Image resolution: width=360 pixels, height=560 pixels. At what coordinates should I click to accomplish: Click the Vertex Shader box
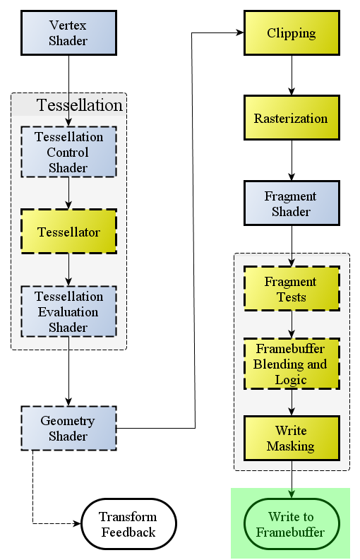(x=69, y=33)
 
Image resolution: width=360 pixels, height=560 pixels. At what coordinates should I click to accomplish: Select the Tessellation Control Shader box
(x=69, y=152)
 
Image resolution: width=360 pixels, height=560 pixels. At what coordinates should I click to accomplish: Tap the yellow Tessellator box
(x=69, y=232)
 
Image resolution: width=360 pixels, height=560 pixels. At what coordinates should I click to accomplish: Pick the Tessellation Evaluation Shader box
(x=69, y=311)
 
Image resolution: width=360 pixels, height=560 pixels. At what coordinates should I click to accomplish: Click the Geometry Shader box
(x=69, y=428)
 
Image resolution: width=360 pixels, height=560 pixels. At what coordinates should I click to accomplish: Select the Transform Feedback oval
(x=129, y=523)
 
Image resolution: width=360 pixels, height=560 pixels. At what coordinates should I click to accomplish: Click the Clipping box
(x=292, y=33)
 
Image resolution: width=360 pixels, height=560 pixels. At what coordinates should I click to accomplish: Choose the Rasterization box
(x=292, y=117)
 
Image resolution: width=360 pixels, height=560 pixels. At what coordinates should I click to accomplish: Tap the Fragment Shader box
(x=292, y=203)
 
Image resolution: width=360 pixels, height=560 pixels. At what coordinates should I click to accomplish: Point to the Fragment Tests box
(x=292, y=289)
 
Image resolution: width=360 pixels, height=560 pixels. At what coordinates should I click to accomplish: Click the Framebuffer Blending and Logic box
(x=292, y=364)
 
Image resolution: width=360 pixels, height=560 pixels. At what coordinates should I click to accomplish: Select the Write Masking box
(x=292, y=439)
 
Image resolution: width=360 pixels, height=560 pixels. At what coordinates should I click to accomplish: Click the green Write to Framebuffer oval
(x=292, y=523)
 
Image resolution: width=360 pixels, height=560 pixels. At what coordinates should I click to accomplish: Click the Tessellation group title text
(x=80, y=105)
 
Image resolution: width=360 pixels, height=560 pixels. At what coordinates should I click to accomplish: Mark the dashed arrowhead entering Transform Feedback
(x=77, y=523)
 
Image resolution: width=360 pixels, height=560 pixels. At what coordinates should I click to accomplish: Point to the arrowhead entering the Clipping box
(x=239, y=33)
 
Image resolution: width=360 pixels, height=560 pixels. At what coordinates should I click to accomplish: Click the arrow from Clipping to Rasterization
(x=292, y=75)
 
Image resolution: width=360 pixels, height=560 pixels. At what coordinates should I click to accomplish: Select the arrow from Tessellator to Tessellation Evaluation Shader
(x=69, y=270)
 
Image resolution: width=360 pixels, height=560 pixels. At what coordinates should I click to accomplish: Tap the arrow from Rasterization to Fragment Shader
(x=292, y=160)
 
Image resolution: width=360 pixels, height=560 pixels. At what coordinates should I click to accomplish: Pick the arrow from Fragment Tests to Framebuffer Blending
(x=292, y=324)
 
